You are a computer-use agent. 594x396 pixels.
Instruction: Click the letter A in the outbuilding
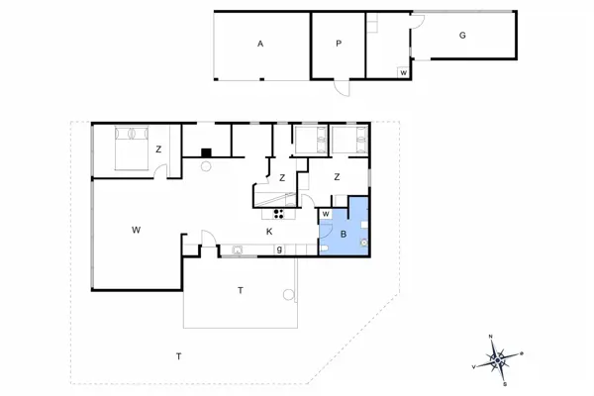(260, 44)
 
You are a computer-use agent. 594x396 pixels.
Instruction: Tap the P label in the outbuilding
(338, 44)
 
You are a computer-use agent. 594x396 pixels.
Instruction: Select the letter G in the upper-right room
(461, 35)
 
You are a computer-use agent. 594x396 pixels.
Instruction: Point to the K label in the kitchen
(268, 232)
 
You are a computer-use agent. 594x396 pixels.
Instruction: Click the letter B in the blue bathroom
(343, 235)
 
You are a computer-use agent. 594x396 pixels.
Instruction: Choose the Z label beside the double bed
(158, 149)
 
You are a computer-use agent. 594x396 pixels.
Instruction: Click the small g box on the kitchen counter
(279, 247)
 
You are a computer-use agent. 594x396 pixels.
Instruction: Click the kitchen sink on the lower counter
(239, 249)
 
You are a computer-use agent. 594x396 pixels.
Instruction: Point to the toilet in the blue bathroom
(364, 242)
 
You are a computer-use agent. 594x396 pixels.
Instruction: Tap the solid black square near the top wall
(205, 152)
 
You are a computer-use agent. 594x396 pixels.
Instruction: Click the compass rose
(500, 358)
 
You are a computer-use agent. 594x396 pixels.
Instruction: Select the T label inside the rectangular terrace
(240, 290)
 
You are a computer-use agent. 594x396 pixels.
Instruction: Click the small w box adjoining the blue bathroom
(325, 212)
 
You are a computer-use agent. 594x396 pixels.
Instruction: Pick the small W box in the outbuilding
(403, 72)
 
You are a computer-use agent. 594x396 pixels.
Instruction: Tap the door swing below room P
(342, 88)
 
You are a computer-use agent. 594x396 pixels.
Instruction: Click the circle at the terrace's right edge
(289, 294)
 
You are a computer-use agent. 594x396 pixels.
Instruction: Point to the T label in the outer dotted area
(178, 355)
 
